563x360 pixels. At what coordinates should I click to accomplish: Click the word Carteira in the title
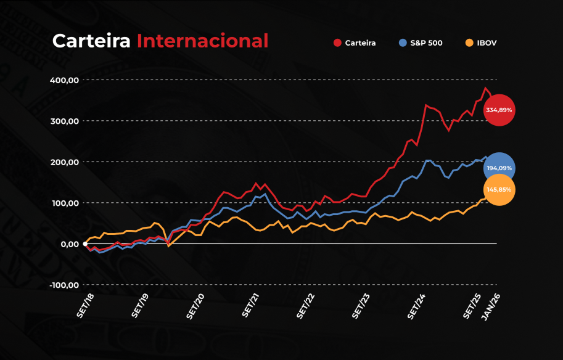(91, 41)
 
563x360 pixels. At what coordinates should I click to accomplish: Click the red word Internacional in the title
(202, 41)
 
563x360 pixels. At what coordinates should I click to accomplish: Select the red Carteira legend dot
(337, 43)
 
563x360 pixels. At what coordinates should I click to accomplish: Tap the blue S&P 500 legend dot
(403, 43)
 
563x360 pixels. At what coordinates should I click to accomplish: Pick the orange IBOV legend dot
(469, 43)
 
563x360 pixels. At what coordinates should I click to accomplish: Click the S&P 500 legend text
(426, 43)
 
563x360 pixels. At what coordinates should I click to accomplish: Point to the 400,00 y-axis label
(64, 80)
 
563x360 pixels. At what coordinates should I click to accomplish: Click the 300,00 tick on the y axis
(65, 121)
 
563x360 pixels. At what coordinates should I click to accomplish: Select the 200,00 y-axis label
(65, 162)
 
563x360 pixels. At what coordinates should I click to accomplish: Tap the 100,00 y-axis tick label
(65, 203)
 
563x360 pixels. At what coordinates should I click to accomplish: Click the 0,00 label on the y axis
(70, 245)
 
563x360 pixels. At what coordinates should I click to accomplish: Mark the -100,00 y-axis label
(64, 285)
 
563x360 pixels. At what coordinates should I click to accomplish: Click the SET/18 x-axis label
(86, 305)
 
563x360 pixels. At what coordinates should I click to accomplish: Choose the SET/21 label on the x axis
(250, 305)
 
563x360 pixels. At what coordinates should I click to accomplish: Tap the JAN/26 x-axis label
(490, 307)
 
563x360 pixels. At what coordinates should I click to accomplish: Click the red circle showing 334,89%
(499, 110)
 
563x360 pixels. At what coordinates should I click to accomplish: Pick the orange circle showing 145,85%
(499, 190)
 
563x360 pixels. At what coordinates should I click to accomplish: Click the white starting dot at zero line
(85, 244)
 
